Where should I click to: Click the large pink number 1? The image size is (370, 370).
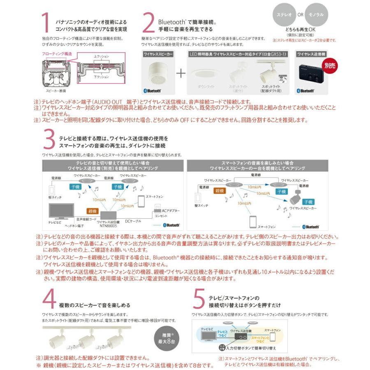coord(47,23)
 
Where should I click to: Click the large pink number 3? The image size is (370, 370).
coord(49,140)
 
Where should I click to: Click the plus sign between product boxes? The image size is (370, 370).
coord(181,74)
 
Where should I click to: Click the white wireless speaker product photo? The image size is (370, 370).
coord(158,70)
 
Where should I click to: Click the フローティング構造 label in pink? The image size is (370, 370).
coord(57,54)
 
